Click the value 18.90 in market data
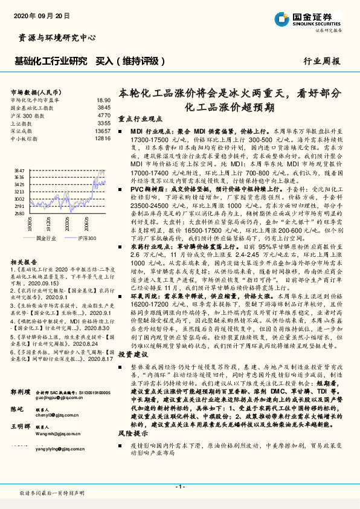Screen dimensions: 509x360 pyautogui.click(x=103, y=100)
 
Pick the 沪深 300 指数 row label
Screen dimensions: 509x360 pyautogui.click(x=30, y=115)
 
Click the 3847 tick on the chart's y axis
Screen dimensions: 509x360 pyautogui.click(x=19, y=172)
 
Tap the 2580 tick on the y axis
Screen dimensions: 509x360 pyautogui.click(x=19, y=213)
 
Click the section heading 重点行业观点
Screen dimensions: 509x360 pyautogui.click(x=138, y=120)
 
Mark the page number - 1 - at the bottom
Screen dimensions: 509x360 pyautogui.click(x=180, y=487)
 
